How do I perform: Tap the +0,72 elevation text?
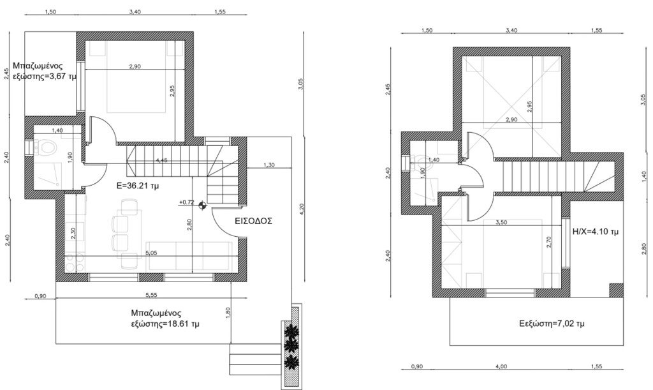(x=187, y=202)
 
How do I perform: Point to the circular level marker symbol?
(x=202, y=205)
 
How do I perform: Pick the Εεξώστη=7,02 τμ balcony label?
(x=551, y=324)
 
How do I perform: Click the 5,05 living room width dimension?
(x=151, y=252)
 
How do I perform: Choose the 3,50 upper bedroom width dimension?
(x=501, y=223)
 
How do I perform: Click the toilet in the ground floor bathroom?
(x=47, y=149)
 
